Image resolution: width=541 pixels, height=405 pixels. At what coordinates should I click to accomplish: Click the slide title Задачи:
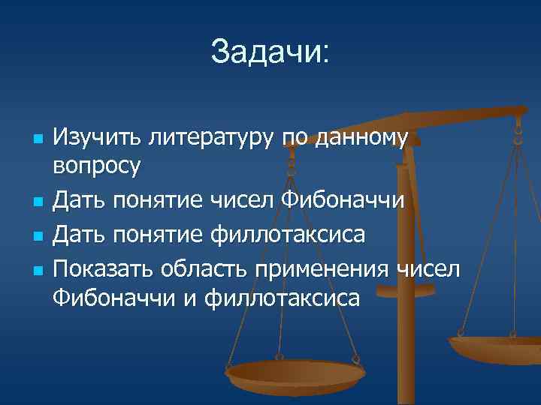coord(270,52)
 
